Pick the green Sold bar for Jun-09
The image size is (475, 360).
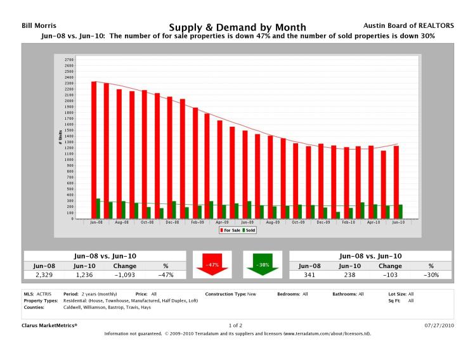[249, 210]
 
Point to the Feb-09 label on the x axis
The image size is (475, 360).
[197, 223]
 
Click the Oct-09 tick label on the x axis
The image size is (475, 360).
[298, 223]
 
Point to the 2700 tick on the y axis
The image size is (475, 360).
[69, 60]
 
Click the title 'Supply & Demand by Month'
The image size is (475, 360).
[237, 27]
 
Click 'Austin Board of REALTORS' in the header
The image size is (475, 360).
[418, 25]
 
